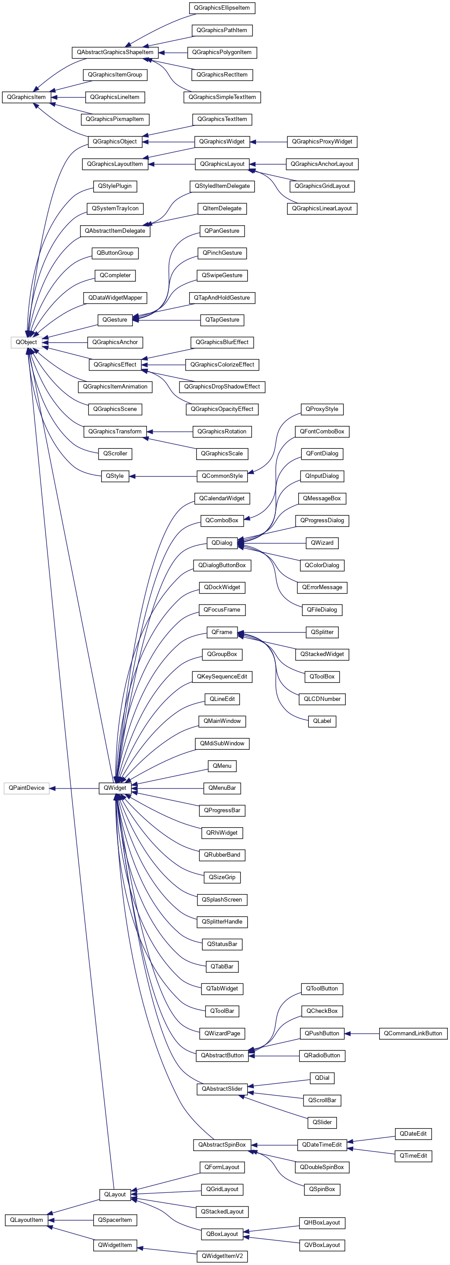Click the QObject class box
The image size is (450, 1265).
click(x=26, y=342)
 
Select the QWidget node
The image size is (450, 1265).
click(x=115, y=788)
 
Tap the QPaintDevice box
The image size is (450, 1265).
click(x=26, y=788)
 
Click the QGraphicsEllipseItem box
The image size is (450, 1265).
click(x=222, y=8)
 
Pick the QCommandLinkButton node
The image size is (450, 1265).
click(x=413, y=1034)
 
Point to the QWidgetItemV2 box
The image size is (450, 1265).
click(x=222, y=1256)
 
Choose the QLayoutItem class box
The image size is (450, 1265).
click(x=26, y=1220)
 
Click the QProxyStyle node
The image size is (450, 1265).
click(x=322, y=409)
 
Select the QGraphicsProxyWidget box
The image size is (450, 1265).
click(x=322, y=141)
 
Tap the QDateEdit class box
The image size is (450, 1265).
click(x=413, y=1134)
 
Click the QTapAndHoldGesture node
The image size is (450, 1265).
click(x=222, y=297)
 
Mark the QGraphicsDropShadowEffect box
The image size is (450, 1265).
click(x=222, y=387)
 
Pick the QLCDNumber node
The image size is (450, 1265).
click(x=322, y=699)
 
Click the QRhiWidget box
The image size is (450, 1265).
click(x=222, y=833)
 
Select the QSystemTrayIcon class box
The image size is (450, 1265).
click(x=115, y=209)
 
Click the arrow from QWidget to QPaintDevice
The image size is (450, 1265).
click(x=73, y=788)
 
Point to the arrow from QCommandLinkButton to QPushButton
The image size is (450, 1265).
click(x=361, y=1034)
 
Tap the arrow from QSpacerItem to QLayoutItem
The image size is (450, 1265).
click(x=71, y=1220)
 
